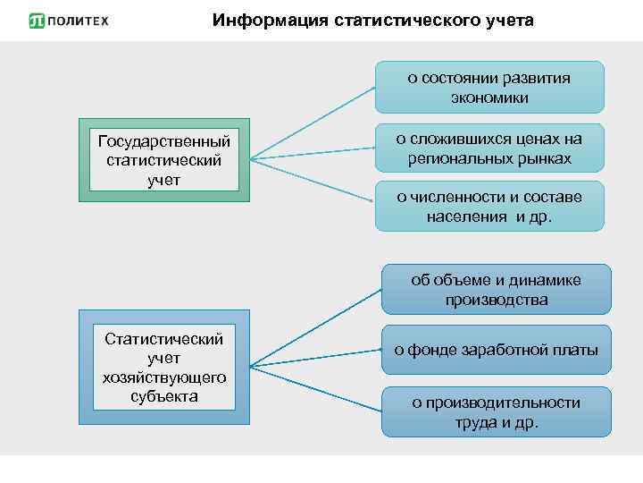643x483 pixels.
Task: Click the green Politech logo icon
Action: [37, 21]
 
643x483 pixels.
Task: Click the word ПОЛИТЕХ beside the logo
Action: [77, 21]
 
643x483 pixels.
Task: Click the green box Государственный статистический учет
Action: [163, 161]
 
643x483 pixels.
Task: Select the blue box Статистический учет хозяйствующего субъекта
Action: [163, 367]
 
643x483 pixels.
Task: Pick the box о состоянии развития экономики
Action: [489, 87]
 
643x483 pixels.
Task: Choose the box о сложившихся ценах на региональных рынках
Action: [489, 148]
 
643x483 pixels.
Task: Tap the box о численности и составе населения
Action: [489, 207]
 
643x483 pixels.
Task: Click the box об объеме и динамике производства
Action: [496, 290]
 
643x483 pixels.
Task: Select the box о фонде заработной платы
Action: [496, 350]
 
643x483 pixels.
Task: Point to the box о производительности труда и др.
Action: [496, 412]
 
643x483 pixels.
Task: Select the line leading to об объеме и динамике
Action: [317, 327]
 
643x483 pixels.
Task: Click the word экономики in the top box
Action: [489, 97]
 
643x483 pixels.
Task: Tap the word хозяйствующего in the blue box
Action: [163, 377]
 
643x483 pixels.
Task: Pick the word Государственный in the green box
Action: [163, 142]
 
